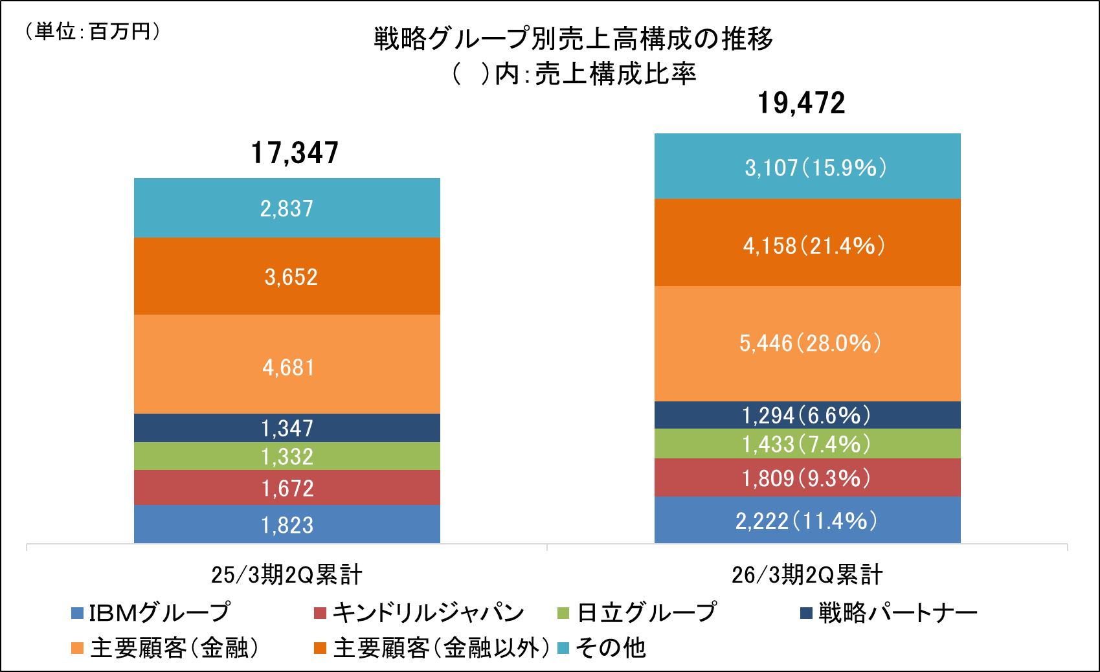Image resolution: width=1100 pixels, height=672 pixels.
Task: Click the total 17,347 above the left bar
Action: (x=295, y=153)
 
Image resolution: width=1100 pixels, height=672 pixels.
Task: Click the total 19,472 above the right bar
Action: (x=802, y=104)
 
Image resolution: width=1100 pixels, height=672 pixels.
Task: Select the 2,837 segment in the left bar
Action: (x=287, y=208)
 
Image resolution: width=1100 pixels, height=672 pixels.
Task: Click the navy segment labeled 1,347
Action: (x=287, y=428)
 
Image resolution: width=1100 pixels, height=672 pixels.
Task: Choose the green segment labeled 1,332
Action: (x=287, y=456)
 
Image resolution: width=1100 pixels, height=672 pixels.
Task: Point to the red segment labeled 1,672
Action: (x=287, y=487)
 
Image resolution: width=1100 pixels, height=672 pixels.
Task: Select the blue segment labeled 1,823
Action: (x=287, y=524)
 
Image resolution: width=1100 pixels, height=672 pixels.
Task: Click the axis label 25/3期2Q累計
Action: (x=287, y=574)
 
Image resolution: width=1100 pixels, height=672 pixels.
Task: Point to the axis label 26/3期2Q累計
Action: (x=807, y=574)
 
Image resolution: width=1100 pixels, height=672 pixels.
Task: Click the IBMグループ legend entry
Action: (x=151, y=612)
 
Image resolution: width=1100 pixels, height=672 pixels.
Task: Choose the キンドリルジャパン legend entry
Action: (x=419, y=612)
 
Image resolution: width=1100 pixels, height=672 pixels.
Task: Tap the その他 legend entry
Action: (x=602, y=647)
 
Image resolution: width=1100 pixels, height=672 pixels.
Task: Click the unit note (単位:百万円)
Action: (x=92, y=31)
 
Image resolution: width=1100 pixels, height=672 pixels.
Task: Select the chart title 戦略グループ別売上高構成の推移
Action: (x=573, y=39)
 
